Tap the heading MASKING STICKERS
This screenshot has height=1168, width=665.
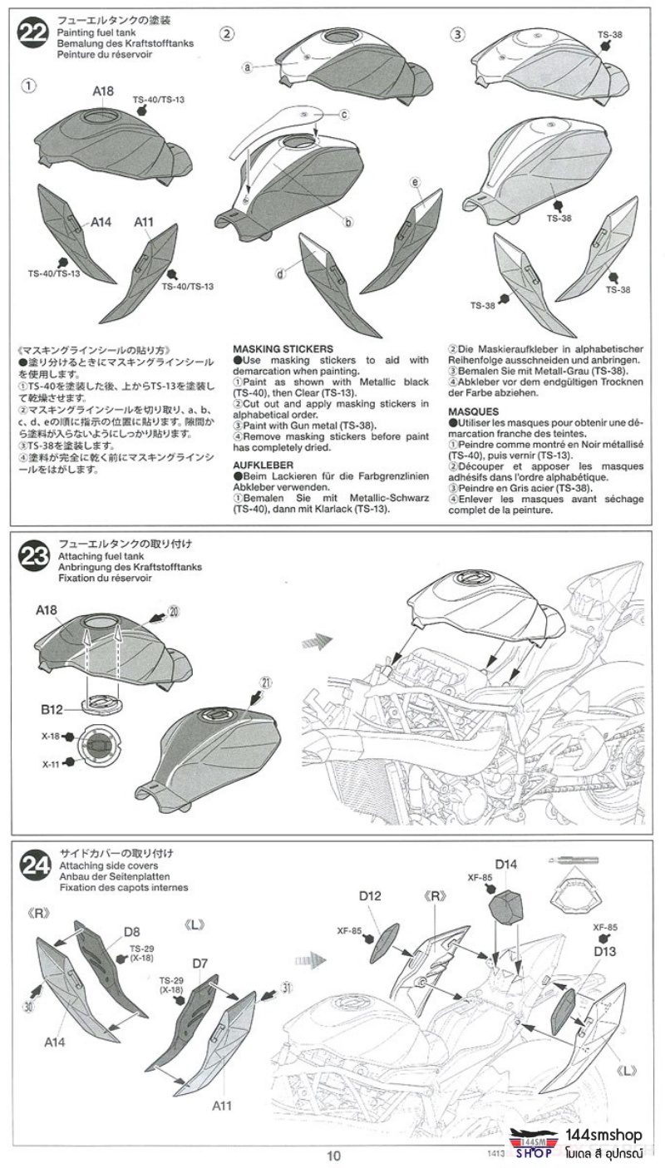(283, 348)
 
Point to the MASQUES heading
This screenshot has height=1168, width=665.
(471, 412)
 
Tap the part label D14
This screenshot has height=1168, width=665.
(506, 865)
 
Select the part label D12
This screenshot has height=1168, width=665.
(370, 895)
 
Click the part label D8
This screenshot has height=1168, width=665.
(132, 931)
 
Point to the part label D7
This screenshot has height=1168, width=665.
(199, 963)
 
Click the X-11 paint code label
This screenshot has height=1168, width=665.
(51, 762)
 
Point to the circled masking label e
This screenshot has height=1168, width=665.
(415, 181)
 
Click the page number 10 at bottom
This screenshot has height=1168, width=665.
(333, 1156)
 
